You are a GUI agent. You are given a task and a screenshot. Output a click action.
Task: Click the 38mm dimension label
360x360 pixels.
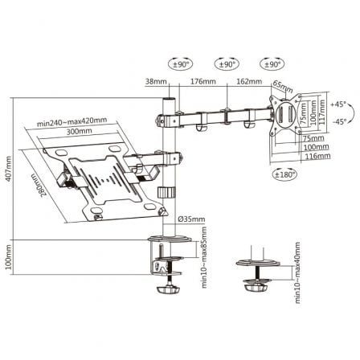pos(157,80)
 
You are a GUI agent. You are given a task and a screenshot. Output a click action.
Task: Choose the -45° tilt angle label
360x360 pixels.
pos(339,121)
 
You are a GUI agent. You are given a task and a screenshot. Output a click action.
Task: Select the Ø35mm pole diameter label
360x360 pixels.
pos(195,219)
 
